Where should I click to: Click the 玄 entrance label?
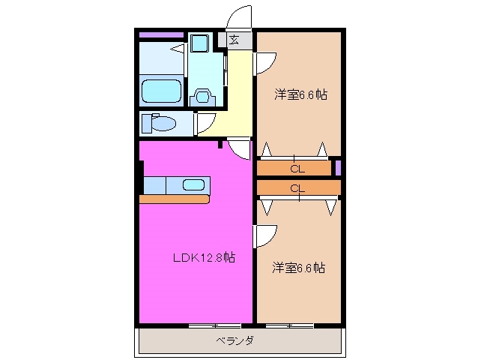(235, 40)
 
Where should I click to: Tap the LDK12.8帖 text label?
(205, 258)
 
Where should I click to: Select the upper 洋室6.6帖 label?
(300, 94)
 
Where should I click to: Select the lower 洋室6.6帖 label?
(298, 268)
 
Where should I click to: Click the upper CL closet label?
(297, 168)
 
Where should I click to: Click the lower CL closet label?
(297, 187)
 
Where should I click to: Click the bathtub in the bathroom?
(162, 91)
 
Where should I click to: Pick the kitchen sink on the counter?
(194, 184)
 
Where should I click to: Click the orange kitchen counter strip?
(174, 199)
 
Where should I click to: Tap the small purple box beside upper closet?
(338, 167)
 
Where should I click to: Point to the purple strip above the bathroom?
(161, 34)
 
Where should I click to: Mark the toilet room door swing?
(206, 123)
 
